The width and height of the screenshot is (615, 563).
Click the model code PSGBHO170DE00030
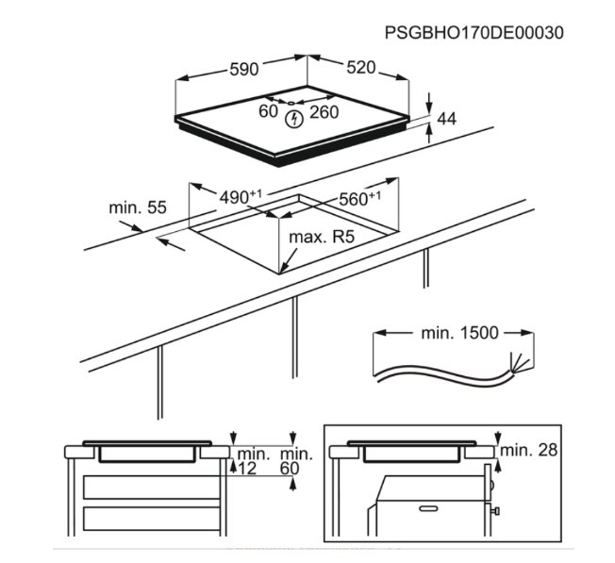(x=474, y=32)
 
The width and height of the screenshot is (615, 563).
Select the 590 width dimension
(x=244, y=69)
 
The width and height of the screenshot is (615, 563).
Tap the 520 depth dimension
(x=361, y=68)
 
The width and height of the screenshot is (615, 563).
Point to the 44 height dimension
(x=447, y=119)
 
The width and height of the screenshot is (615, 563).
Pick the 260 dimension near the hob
(x=324, y=112)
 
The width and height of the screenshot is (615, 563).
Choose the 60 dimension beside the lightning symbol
(x=269, y=112)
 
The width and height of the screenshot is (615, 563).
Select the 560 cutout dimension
(x=358, y=198)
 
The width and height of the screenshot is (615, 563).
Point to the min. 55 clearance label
(x=138, y=206)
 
